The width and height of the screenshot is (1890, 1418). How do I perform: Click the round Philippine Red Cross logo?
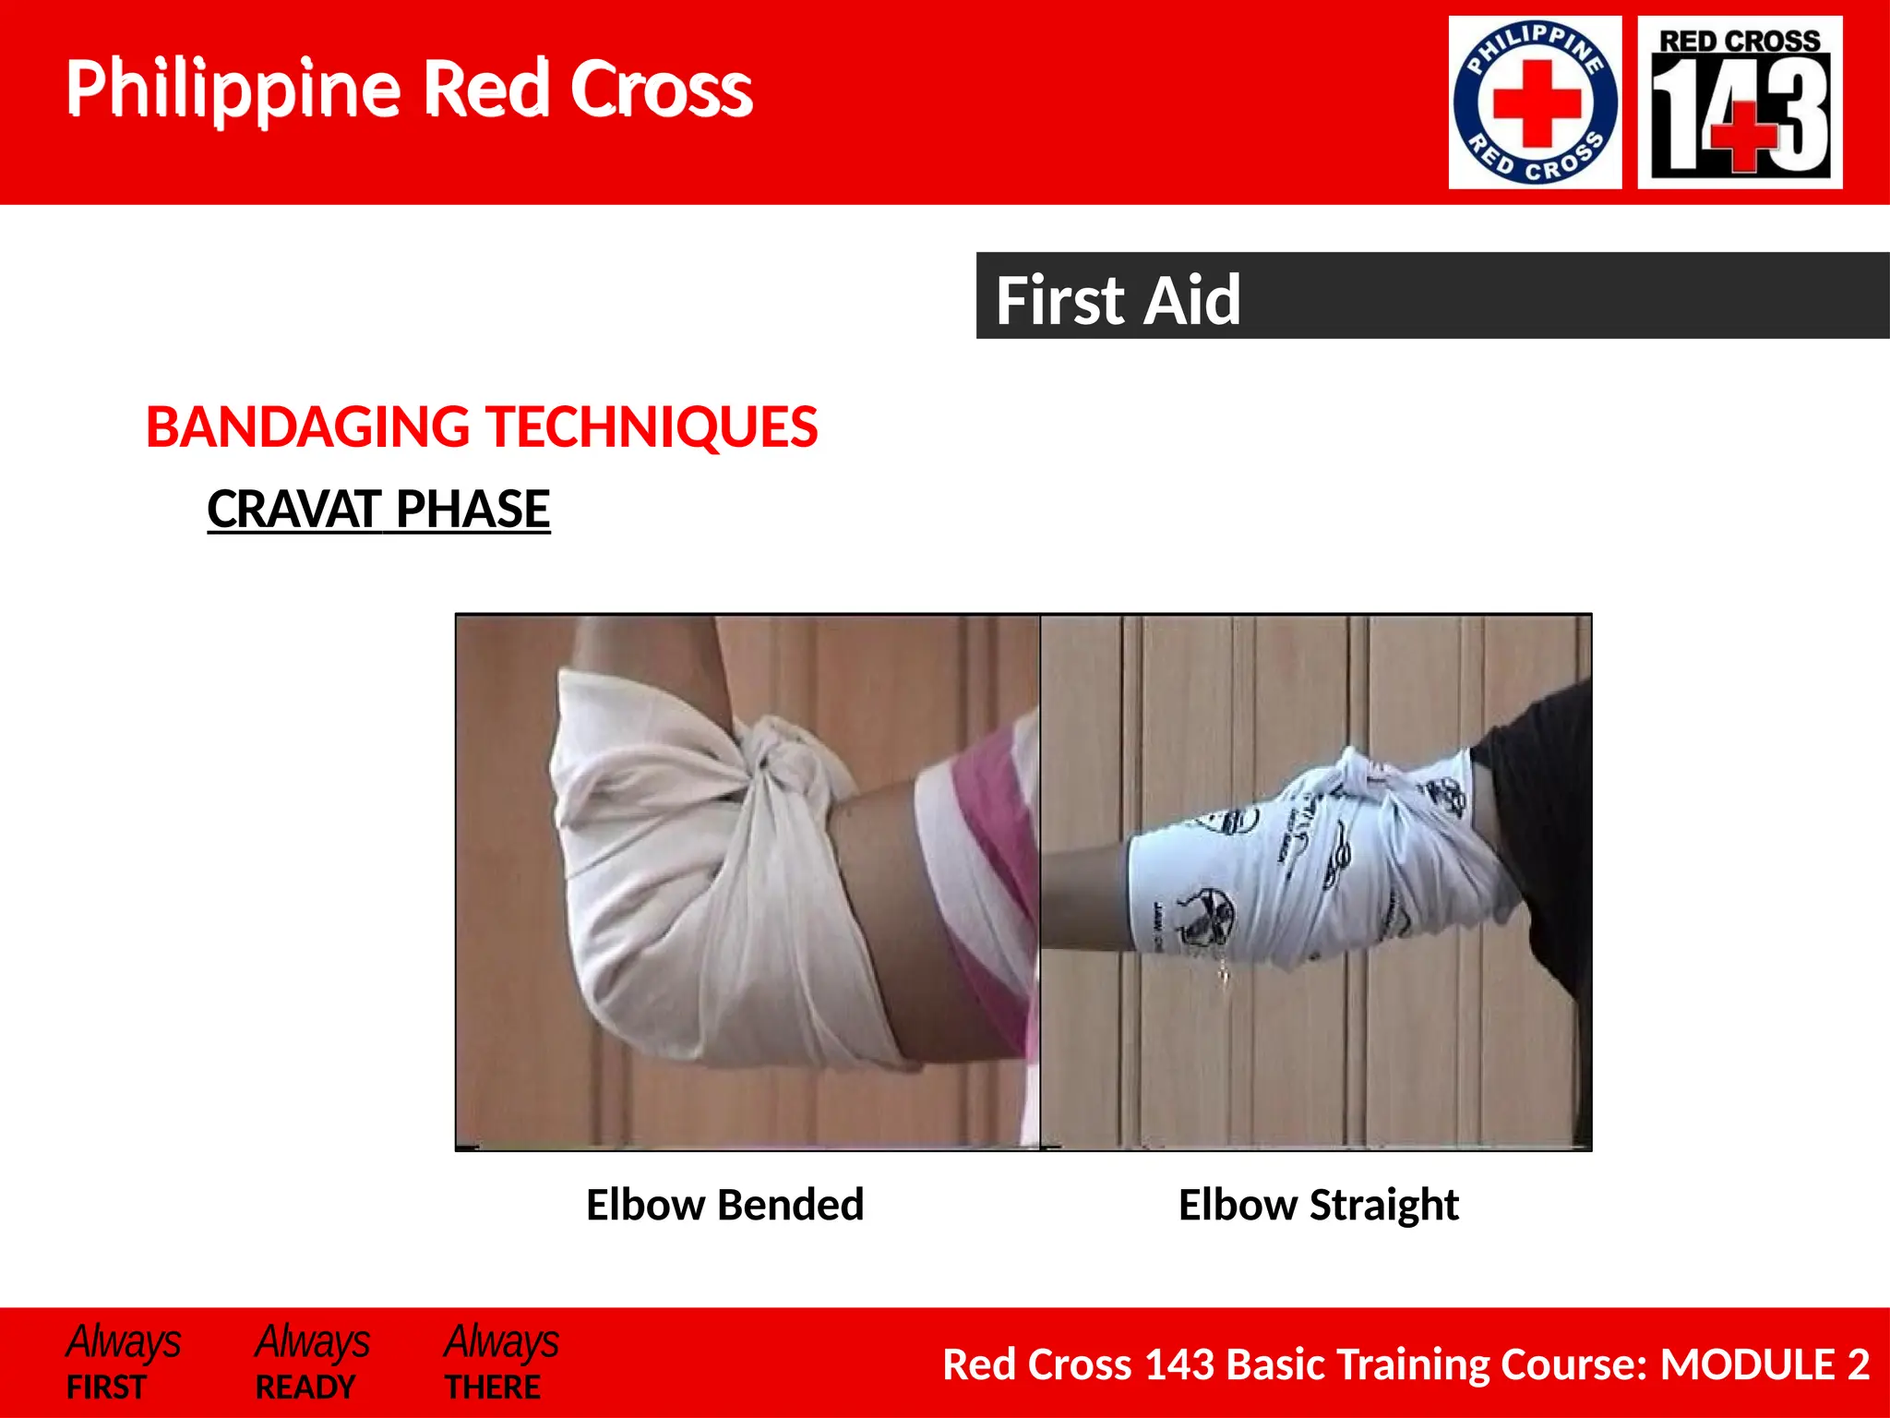tap(1535, 102)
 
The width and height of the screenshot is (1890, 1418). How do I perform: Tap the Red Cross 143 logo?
tap(1740, 102)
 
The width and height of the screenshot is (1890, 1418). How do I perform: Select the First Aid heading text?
tap(1118, 300)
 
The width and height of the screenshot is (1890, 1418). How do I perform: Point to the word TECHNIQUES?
tap(652, 427)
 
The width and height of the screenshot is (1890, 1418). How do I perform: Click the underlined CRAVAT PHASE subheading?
tap(378, 509)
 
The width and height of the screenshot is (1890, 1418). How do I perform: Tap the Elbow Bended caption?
tap(724, 1205)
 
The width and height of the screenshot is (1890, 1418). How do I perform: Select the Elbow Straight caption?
tap(1318, 1205)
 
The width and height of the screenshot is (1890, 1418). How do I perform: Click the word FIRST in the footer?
tap(106, 1387)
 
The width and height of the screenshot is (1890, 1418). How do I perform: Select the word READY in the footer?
tap(305, 1387)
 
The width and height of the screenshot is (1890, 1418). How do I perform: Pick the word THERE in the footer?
tap(493, 1387)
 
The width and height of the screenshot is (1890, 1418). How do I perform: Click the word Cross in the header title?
tap(661, 90)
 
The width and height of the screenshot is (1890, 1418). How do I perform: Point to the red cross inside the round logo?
tap(1536, 102)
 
